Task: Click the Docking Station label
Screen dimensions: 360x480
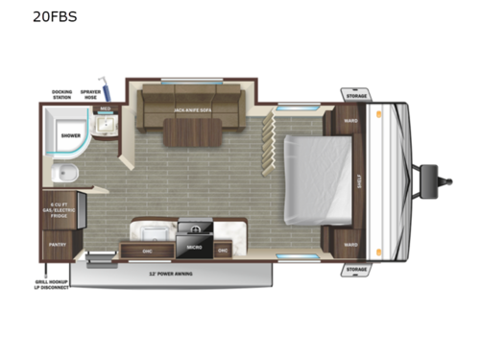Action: click(61, 94)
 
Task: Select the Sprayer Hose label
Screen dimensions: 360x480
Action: click(91, 94)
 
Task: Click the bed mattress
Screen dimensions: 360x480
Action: click(317, 180)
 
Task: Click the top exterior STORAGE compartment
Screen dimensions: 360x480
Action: click(354, 95)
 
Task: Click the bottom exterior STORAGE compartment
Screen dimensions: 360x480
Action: click(354, 269)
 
